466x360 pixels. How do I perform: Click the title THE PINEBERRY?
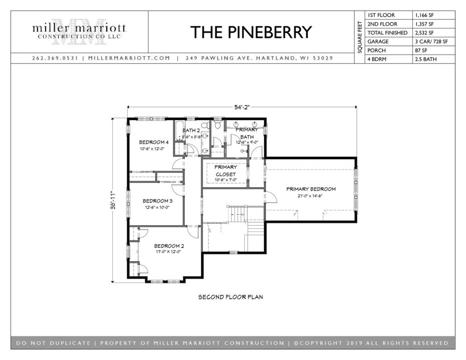(251, 32)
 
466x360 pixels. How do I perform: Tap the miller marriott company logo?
(79, 32)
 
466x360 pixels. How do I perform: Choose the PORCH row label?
(376, 51)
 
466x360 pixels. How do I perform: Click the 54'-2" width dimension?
(242, 107)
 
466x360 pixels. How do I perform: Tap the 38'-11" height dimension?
(113, 200)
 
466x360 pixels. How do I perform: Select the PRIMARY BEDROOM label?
(311, 189)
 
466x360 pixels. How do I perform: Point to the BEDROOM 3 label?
(157, 201)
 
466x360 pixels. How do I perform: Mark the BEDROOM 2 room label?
(169, 246)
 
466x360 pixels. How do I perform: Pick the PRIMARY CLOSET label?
(226, 171)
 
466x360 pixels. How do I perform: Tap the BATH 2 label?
(191, 130)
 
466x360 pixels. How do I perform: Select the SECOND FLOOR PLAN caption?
(231, 297)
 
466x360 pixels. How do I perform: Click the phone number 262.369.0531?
(55, 58)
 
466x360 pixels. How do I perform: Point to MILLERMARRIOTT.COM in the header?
(129, 58)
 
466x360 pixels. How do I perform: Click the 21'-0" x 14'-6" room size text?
(310, 196)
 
